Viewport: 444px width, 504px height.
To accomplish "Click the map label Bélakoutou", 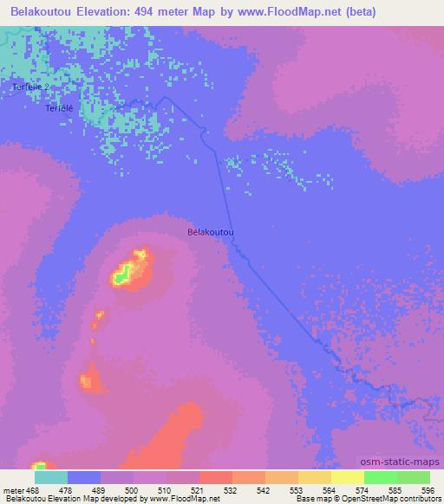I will coord(211,233).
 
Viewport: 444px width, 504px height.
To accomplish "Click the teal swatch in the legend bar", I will coord(51,477).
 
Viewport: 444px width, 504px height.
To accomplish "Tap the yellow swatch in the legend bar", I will coord(347,477).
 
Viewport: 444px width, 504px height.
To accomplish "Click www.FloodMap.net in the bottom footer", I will coord(185,499).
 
